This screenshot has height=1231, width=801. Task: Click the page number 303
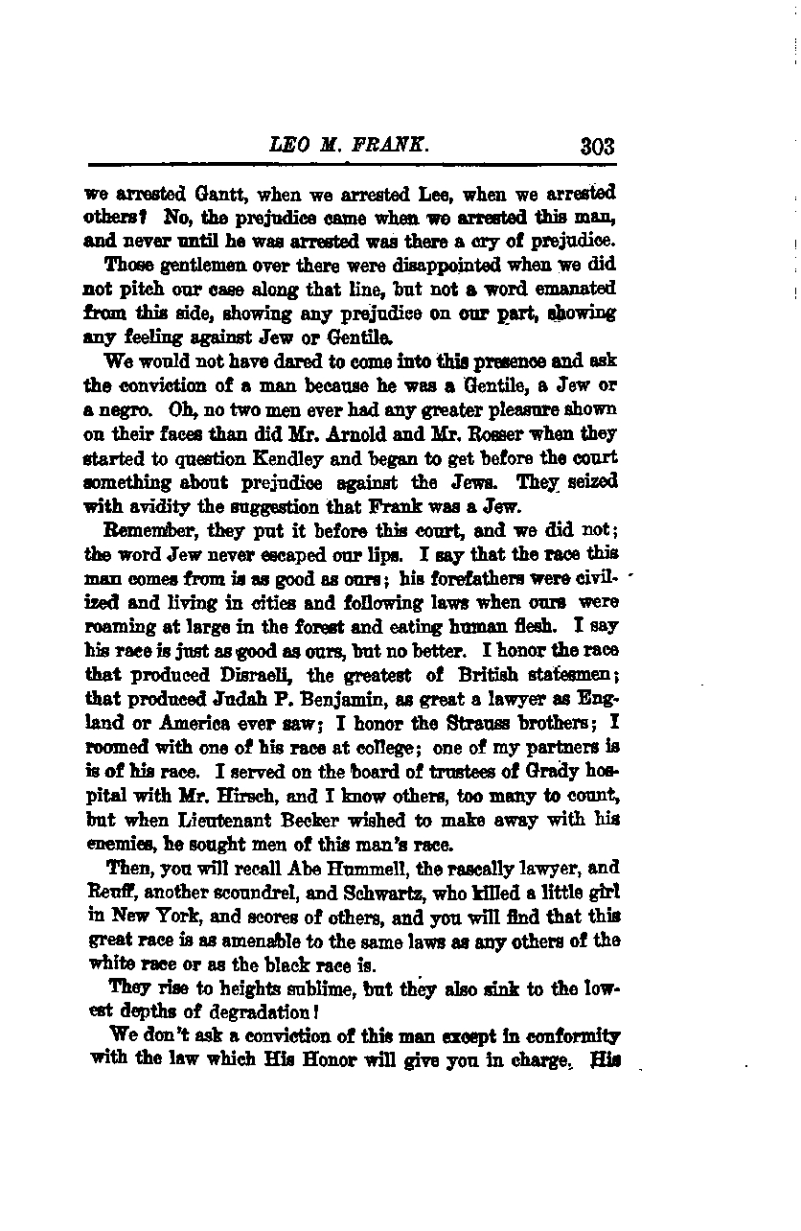point(596,147)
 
